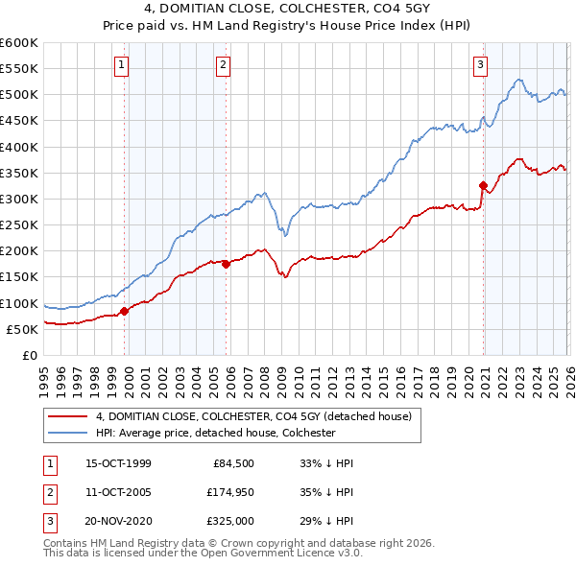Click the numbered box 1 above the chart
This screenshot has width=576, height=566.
[x=123, y=65]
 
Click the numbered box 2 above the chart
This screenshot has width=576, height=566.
[x=223, y=65]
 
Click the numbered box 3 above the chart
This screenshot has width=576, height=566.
[x=479, y=65]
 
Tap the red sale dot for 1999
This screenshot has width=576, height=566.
[x=125, y=311]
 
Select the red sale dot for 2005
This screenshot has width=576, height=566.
[x=226, y=264]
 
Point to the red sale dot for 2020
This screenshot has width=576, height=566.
[x=484, y=185]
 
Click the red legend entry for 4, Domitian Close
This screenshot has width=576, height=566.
[x=253, y=416]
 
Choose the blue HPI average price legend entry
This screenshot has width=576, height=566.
[x=213, y=433]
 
